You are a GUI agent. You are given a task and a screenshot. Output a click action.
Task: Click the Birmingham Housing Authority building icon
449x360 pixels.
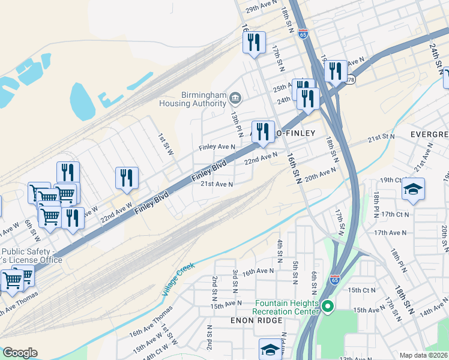coord(235,97)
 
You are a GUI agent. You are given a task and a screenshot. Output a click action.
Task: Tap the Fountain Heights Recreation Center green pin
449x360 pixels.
coord(327,308)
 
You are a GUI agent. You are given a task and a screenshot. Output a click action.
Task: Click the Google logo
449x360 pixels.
coord(20,353)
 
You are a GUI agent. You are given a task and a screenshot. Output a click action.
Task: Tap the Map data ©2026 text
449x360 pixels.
coord(424,355)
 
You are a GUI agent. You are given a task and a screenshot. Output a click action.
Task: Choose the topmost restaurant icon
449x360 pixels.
coord(254,42)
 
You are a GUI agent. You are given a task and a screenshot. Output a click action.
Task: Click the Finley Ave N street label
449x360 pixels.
coord(217,147)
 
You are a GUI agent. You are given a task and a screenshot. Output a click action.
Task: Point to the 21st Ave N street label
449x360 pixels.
coord(216,184)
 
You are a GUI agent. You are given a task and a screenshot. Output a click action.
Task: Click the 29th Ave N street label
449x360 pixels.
coord(260,9)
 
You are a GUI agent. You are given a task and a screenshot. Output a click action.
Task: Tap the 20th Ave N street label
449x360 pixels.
coord(321,175)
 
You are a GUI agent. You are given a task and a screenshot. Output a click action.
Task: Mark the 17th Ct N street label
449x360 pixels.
coord(394,214)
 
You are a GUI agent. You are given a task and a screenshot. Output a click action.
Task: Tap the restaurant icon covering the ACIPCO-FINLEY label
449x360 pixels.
coord(262,131)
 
